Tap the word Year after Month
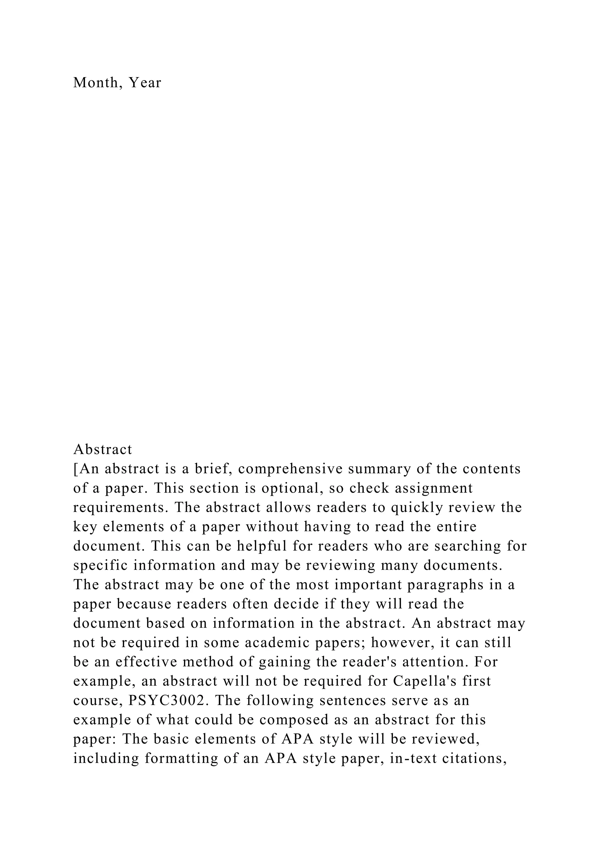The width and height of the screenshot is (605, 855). point(145,83)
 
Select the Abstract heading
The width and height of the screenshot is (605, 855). point(103,449)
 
